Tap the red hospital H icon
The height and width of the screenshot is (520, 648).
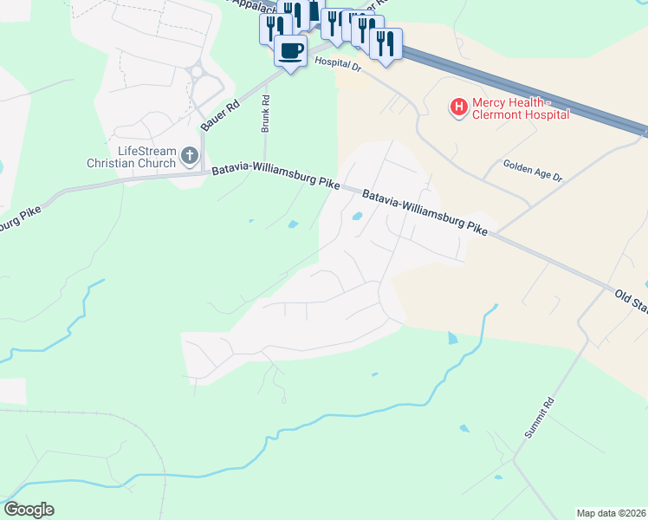[x=458, y=107]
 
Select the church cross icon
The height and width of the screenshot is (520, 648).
[x=190, y=157]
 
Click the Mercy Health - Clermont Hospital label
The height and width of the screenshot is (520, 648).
[x=520, y=108]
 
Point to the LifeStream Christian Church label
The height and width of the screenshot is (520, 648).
[x=131, y=157]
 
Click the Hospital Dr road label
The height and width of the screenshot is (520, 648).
[x=337, y=62]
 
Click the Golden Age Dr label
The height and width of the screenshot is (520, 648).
[x=534, y=171]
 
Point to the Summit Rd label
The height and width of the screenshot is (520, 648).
[x=537, y=417]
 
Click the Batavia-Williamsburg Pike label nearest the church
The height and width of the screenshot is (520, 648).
[x=275, y=174]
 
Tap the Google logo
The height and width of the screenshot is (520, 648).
[x=29, y=510]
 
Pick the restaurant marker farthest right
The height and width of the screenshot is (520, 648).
[x=386, y=43]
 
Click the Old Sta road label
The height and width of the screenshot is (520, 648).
[x=632, y=302]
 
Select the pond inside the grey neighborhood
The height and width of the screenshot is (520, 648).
[x=357, y=217]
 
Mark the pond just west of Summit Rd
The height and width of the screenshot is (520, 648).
[x=465, y=428]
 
